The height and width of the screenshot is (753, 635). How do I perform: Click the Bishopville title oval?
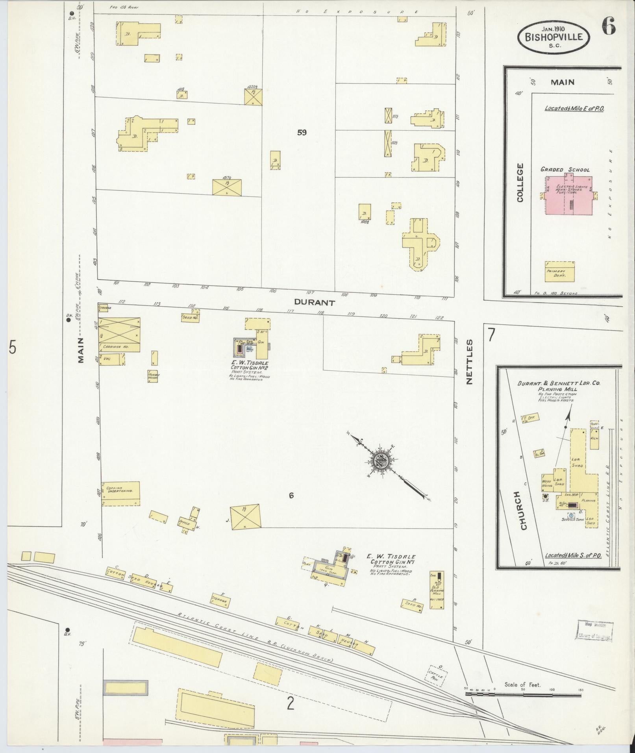pyautogui.click(x=553, y=37)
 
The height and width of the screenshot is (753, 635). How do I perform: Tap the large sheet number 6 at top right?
pyautogui.click(x=608, y=26)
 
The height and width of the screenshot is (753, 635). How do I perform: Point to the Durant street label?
pyautogui.click(x=315, y=303)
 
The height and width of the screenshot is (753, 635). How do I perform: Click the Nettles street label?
pyautogui.click(x=469, y=362)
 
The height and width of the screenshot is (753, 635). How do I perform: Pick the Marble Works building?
pyautogui.click(x=154, y=376)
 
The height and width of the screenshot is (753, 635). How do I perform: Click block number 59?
pyautogui.click(x=302, y=133)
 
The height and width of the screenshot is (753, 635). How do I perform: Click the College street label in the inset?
pyautogui.click(x=520, y=183)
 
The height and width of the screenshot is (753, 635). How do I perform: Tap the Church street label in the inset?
pyautogui.click(x=523, y=510)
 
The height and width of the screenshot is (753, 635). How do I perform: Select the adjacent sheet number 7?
pyautogui.click(x=491, y=335)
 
